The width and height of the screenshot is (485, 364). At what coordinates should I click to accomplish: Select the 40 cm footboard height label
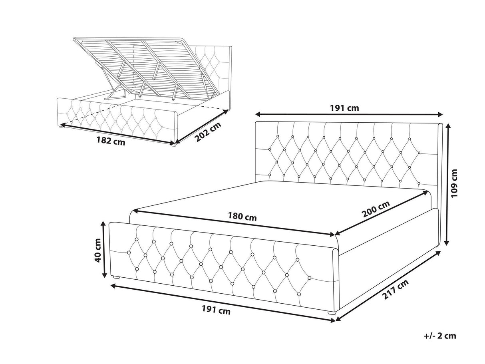97,250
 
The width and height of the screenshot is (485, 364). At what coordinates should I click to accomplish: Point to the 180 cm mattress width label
242,217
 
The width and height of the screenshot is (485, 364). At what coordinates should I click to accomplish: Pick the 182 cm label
111,141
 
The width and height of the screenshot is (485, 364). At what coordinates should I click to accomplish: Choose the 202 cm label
208,131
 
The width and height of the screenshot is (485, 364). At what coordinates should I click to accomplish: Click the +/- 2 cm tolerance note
440,336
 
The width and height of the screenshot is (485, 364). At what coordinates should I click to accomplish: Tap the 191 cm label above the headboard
344,108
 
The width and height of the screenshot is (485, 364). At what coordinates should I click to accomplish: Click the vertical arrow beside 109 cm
447,184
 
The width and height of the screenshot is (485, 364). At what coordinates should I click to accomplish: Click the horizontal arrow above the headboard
349,114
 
